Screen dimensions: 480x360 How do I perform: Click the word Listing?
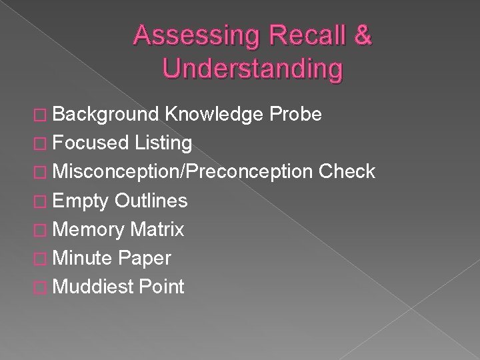click(163, 142)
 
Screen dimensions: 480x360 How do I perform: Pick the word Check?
click(347, 171)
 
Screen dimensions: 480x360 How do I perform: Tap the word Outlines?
click(151, 200)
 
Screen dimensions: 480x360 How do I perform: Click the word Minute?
click(83, 257)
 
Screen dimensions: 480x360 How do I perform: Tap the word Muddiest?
click(92, 287)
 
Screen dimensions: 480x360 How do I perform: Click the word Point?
click(161, 287)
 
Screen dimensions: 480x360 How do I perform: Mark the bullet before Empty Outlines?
click(42, 201)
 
